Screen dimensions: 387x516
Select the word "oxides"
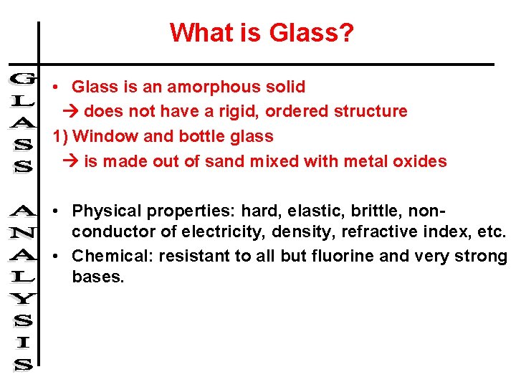(419, 161)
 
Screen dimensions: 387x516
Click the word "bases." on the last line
(98, 277)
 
